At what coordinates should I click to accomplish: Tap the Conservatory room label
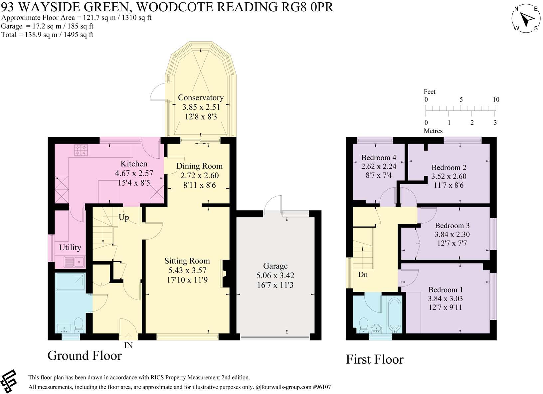[x=201, y=98]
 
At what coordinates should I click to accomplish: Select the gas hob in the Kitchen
[x=81, y=150]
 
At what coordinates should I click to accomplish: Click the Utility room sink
[x=74, y=262]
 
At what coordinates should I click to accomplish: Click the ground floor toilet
[x=79, y=324]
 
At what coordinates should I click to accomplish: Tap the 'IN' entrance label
[x=128, y=345]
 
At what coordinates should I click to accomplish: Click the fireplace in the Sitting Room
[x=225, y=274]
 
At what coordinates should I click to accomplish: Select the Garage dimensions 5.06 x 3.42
[x=275, y=276]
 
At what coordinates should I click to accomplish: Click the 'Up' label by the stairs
[x=124, y=217]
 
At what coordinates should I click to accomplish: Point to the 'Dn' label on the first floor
[x=363, y=275]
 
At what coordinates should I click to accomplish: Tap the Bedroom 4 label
[x=379, y=157]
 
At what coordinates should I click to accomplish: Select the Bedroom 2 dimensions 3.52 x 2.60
[x=449, y=176]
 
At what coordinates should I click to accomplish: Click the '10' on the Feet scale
[x=496, y=99]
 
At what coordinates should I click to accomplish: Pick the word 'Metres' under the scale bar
[x=433, y=131]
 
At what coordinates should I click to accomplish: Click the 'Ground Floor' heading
[x=85, y=355]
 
